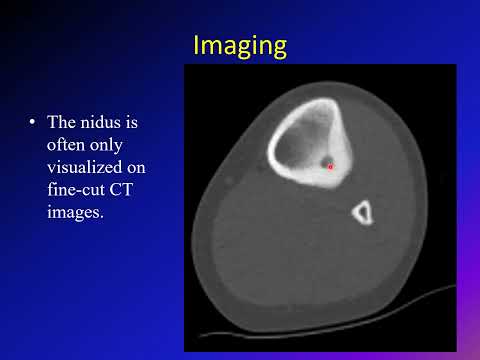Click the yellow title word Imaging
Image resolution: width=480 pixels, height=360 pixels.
[240, 45]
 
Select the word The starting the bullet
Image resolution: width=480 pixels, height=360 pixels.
[59, 123]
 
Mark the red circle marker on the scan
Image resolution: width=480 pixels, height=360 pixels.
[330, 167]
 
